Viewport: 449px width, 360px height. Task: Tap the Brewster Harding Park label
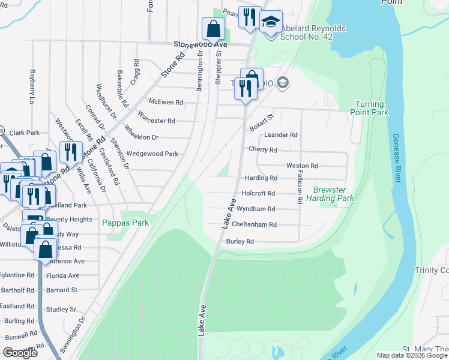pos(330,194)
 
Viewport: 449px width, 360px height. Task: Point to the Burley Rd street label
pos(240,241)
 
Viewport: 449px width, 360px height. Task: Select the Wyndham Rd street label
pos(256,209)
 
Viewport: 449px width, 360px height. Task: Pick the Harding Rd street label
pos(261,178)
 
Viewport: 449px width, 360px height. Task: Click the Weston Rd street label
pos(302,166)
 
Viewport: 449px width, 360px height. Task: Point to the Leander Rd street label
pos(281,135)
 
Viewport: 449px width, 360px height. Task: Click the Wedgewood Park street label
pos(152,154)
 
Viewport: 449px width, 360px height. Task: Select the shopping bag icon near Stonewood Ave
pos(213,28)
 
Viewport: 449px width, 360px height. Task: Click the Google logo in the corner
pos(20,353)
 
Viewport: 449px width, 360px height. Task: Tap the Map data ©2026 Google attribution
pos(412,355)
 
